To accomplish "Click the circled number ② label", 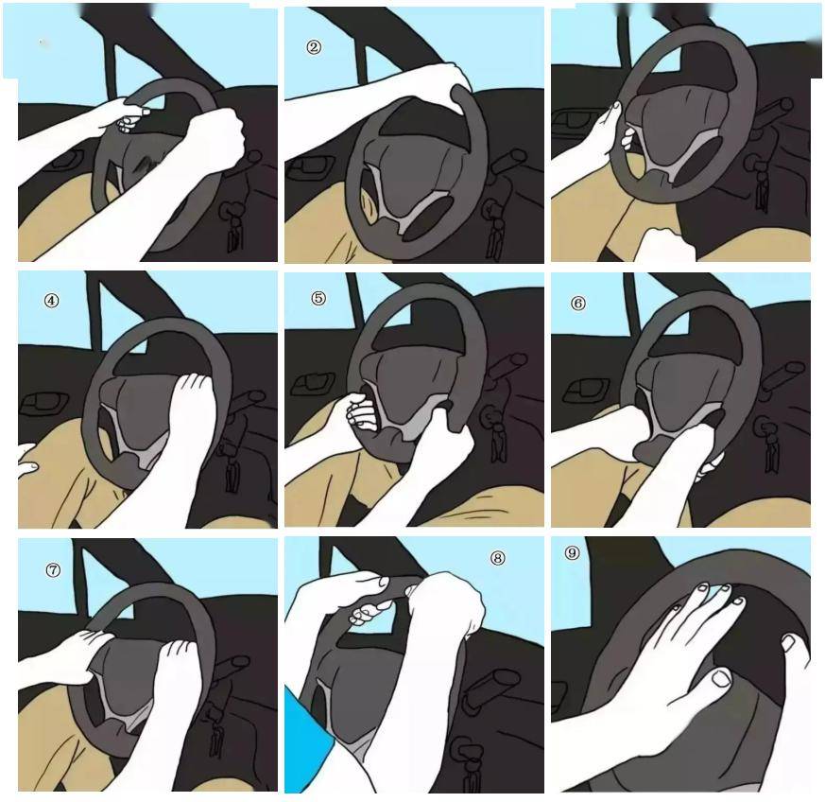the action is coord(314,47).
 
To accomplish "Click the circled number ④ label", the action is coord(51,301).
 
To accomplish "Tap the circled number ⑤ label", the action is coord(318,298).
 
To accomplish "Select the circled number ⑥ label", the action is coord(577,304).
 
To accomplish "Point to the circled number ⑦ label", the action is coord(53,569).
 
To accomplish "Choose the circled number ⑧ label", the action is coord(497,558).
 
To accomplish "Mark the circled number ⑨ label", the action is coord(572,552).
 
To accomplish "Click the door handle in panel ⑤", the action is coord(313,384).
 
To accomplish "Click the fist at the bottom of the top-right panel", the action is coord(664,244).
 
